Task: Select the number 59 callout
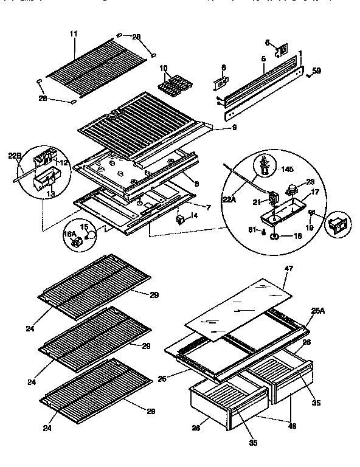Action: tap(316, 72)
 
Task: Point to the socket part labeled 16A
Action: tap(77, 242)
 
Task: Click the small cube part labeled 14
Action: tap(180, 217)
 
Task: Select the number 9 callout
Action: tap(216, 128)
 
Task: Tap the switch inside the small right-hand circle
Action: tap(335, 227)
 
